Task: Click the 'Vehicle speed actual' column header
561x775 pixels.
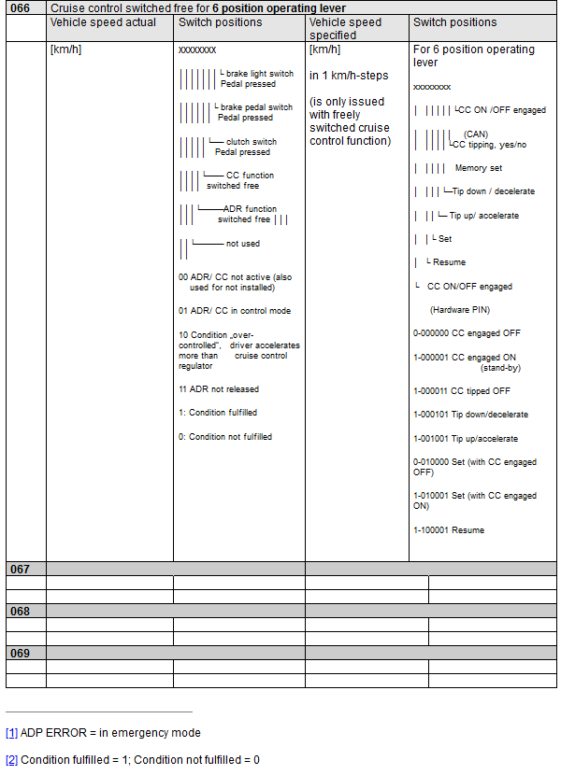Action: coord(103,22)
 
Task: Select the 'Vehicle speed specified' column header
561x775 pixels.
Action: coord(345,28)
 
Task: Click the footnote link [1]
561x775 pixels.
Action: coord(11,733)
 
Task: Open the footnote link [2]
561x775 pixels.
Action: coord(11,760)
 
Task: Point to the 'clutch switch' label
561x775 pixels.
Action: coord(251,142)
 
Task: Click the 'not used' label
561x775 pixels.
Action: coord(243,244)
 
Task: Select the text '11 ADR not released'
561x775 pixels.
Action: coord(219,389)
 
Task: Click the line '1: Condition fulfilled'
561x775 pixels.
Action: coord(218,413)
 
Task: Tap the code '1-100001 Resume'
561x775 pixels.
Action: coord(449,530)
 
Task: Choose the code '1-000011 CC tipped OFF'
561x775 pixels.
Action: coord(462,391)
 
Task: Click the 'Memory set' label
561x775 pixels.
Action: coord(478,168)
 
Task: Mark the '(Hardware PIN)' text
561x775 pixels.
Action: coord(459,309)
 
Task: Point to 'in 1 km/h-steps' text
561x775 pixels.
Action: coord(349,76)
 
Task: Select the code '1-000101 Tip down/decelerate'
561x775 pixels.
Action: coord(470,415)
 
